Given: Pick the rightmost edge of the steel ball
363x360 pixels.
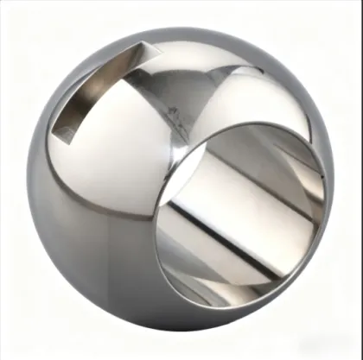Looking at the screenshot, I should point(334,186).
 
